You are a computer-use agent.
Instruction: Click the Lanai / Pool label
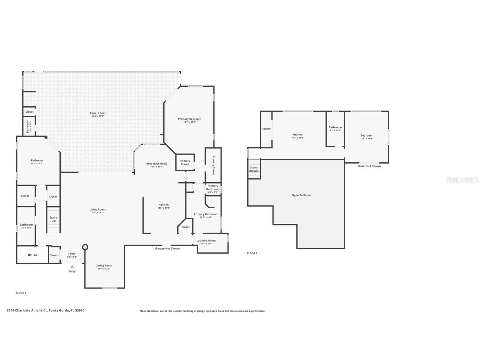tap(98, 113)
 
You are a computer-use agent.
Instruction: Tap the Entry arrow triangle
tap(72, 267)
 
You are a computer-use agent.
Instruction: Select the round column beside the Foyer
tap(85, 247)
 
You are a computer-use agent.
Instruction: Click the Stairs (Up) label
tap(53, 219)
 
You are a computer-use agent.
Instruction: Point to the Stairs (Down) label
tap(254, 169)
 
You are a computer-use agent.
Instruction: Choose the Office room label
tap(32, 255)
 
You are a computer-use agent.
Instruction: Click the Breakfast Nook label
tap(156, 164)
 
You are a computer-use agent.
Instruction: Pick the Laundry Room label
tap(206, 241)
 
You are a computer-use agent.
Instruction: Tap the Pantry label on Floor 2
tap(266, 129)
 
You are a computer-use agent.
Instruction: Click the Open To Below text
tap(301, 195)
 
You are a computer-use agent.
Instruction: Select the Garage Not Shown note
tap(167, 248)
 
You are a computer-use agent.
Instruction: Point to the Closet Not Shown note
tap(369, 166)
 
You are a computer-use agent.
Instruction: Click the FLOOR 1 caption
tap(21, 293)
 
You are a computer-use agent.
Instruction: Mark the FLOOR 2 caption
tap(252, 253)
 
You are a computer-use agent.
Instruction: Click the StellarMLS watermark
tap(462, 180)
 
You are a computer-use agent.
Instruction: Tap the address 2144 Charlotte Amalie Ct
tap(46, 310)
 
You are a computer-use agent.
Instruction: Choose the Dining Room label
tap(104, 266)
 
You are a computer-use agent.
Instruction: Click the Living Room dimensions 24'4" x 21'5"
tap(97, 213)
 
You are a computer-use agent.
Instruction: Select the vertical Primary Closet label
tap(213, 165)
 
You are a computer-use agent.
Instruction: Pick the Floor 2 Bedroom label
tap(366, 135)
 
